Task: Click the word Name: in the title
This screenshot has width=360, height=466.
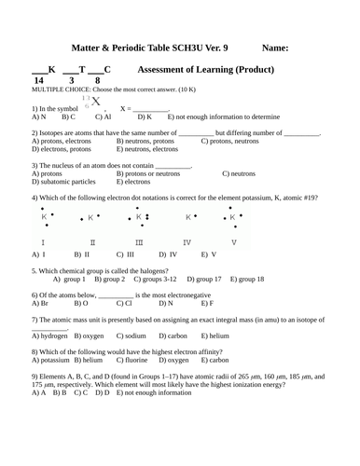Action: pyautogui.click(x=275, y=48)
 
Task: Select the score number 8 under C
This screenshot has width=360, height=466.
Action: pyautogui.click(x=97, y=82)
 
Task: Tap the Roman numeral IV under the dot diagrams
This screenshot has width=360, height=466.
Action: pyautogui.click(x=187, y=241)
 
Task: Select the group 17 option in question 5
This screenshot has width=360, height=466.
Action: pyautogui.click(x=204, y=279)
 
